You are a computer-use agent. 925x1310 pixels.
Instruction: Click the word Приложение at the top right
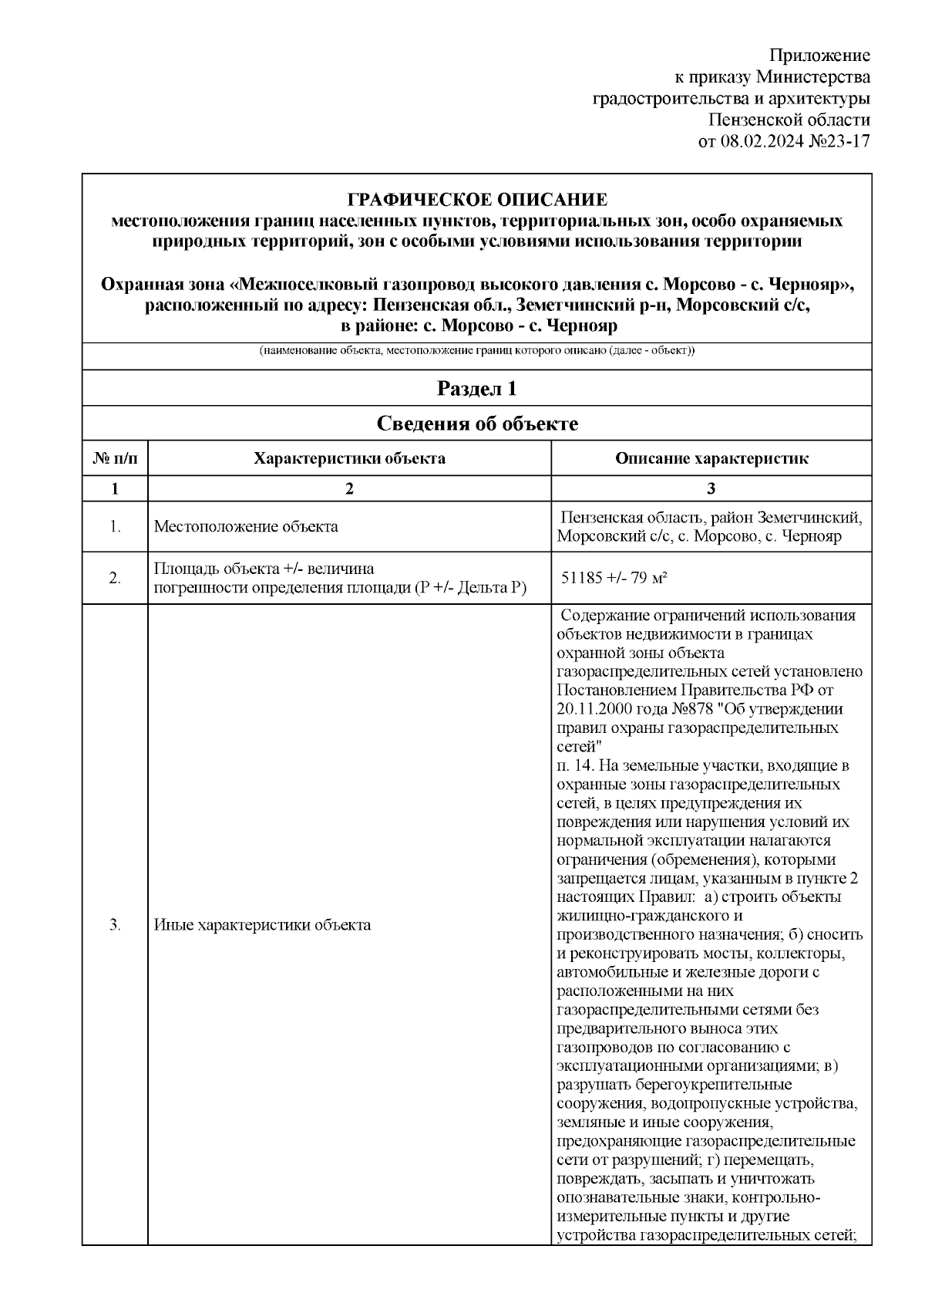pyautogui.click(x=820, y=56)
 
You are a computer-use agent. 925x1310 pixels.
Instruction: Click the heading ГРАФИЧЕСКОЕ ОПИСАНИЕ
pyautogui.click(x=477, y=200)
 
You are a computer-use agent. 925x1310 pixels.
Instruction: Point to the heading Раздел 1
pyautogui.click(x=477, y=388)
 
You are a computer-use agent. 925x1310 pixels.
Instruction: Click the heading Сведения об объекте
pyautogui.click(x=477, y=424)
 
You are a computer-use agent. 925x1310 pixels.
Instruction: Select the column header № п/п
pyautogui.click(x=115, y=458)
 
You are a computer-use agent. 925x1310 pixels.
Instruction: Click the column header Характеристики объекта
pyautogui.click(x=349, y=458)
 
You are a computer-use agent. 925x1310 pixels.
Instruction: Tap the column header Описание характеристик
pyautogui.click(x=711, y=458)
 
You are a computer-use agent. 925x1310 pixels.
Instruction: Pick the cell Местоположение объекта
pyautogui.click(x=246, y=527)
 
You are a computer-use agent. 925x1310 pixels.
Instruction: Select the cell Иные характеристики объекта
pyautogui.click(x=262, y=925)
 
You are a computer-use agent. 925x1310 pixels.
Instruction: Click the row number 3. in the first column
pyautogui.click(x=115, y=925)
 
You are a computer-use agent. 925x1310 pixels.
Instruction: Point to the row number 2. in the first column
pyautogui.click(x=115, y=578)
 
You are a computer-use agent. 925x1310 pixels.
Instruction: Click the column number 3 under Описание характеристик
pyautogui.click(x=711, y=488)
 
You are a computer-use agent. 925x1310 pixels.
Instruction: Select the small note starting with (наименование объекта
pyautogui.click(x=477, y=351)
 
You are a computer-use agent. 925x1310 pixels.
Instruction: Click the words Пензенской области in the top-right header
pyautogui.click(x=789, y=120)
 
